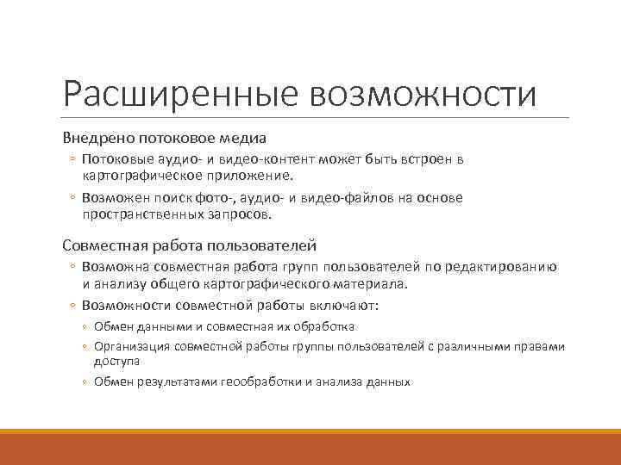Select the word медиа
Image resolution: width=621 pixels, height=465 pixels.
[241, 138]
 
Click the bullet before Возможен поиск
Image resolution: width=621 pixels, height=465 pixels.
[74, 198]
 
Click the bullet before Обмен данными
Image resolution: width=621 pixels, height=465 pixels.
[86, 326]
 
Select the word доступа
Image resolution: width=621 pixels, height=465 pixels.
[116, 361]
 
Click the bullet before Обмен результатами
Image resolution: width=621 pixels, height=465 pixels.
[86, 381]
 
